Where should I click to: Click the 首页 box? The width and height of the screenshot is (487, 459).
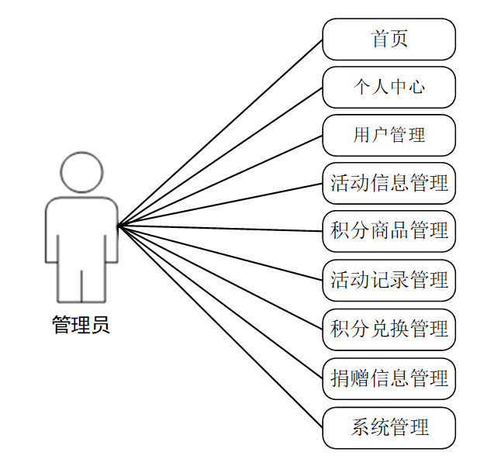(389, 39)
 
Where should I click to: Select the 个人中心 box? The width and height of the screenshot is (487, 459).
(389, 87)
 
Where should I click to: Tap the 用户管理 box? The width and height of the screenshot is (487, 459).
(389, 135)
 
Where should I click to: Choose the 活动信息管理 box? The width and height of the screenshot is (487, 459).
(389, 184)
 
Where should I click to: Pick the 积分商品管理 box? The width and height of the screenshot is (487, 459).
(389, 230)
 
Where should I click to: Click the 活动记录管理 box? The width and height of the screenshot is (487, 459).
(389, 279)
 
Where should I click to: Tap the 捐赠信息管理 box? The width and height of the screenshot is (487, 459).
(389, 378)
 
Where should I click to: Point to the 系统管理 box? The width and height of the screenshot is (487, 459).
(389, 427)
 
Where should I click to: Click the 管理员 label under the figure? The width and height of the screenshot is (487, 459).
(81, 325)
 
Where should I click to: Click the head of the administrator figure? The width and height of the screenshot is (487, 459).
(81, 172)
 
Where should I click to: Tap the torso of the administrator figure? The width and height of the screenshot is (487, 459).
(81, 233)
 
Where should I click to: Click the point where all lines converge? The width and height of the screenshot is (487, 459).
(119, 226)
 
